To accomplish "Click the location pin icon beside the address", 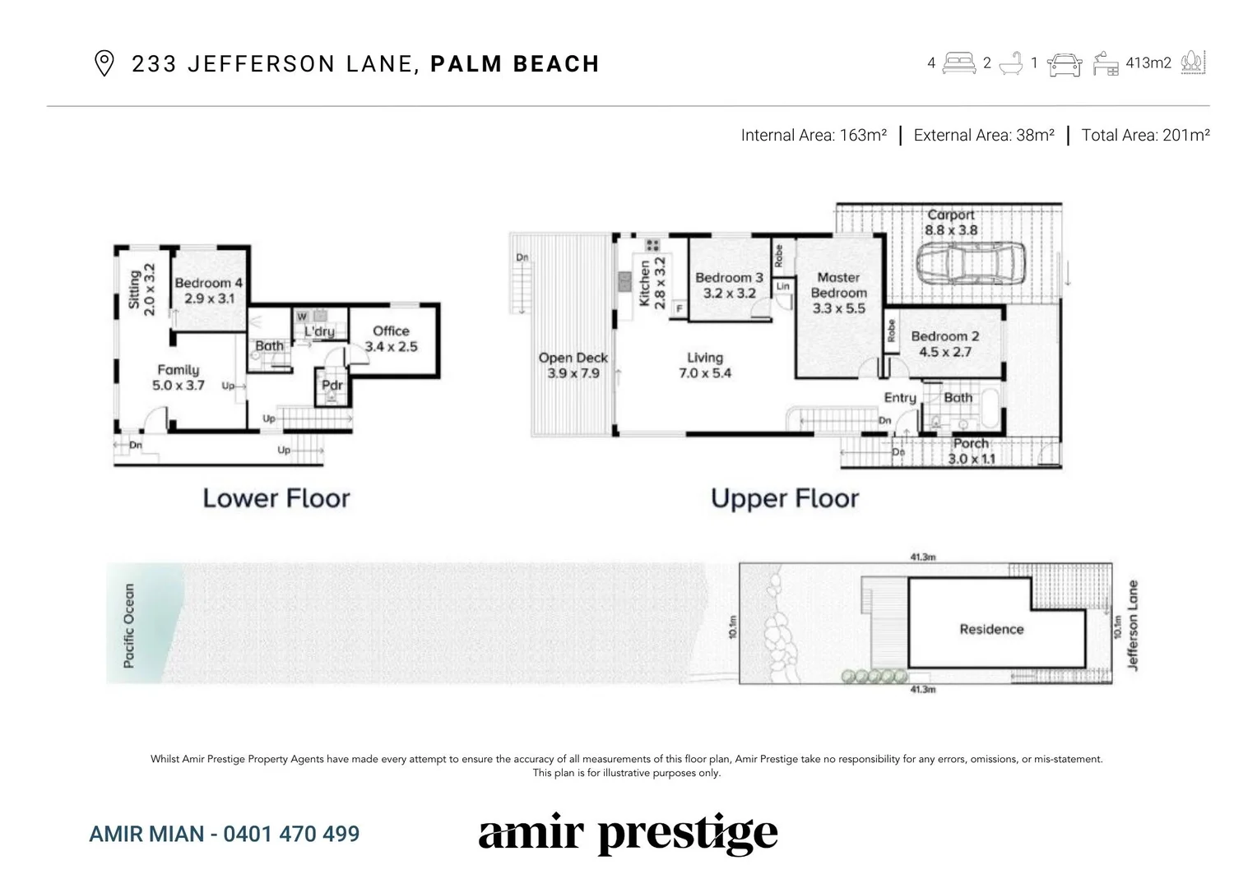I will pos(104,63).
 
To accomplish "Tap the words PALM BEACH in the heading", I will pos(514,64).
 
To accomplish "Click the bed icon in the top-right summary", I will pos(959,62).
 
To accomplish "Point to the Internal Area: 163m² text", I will pos(813,136).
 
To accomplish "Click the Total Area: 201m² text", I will pos(1145,136).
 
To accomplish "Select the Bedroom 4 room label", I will pos(209,290).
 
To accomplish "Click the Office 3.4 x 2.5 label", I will pos(391,339).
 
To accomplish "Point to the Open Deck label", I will pos(573,365).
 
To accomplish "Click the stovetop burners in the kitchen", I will pos(653,244).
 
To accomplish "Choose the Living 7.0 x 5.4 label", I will pos(704,365).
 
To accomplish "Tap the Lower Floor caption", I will pos(276,498).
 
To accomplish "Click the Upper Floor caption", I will pos(785,498).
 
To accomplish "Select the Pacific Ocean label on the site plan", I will pos(129,626).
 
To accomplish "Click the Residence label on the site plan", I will pos(991,629).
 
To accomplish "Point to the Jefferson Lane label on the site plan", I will pos(1133,626).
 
